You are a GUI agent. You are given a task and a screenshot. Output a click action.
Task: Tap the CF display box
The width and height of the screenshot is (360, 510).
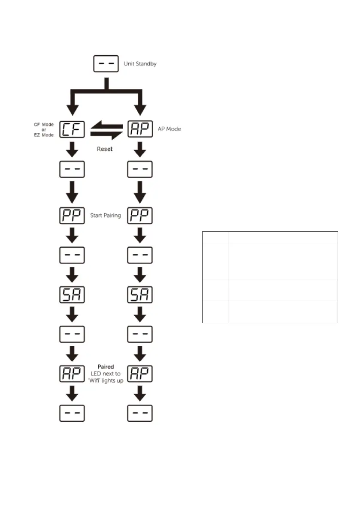coord(72,129)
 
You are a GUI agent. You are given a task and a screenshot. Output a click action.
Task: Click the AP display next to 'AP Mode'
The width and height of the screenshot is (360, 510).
coord(140,129)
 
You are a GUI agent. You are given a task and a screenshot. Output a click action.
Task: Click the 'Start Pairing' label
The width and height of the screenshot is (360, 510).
coord(106,215)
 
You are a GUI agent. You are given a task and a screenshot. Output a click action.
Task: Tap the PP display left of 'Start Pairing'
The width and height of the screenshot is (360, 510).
coord(72,215)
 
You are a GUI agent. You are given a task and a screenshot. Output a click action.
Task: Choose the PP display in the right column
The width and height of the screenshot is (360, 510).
coord(140,215)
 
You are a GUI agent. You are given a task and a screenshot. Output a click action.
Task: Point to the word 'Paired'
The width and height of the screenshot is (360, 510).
coord(106,367)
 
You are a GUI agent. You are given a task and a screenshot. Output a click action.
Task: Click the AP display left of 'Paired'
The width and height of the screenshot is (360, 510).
coord(72,373)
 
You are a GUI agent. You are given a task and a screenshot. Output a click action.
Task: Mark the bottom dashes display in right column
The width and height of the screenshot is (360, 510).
coord(140,414)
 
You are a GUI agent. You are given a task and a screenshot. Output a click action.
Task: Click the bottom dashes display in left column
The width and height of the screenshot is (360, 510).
coord(72,414)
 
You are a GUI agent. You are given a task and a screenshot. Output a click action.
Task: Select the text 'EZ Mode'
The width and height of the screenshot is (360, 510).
coord(43,135)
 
